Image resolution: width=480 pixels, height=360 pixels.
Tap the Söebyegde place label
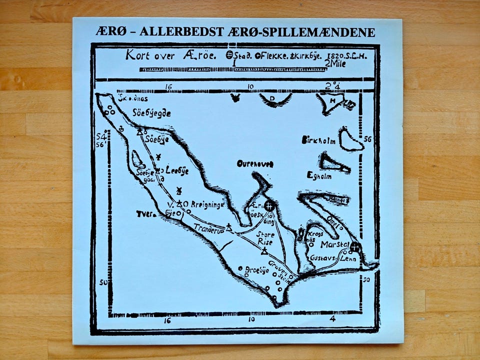(x=151, y=113)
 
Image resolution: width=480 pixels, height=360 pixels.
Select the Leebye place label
(x=177, y=169)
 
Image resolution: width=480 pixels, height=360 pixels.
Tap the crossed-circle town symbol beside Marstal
(x=355, y=246)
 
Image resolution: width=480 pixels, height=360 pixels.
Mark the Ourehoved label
(x=255, y=163)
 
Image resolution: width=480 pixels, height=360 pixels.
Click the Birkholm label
(x=318, y=140)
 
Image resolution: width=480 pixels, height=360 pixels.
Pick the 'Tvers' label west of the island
(x=144, y=214)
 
